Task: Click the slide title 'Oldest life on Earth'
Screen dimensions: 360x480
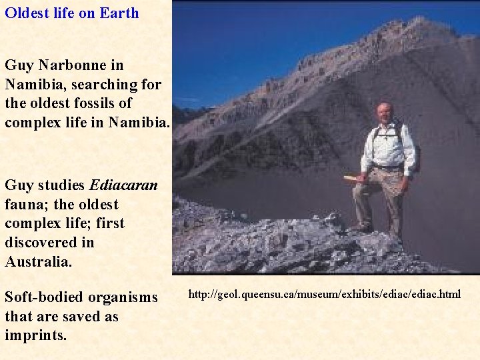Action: (x=72, y=13)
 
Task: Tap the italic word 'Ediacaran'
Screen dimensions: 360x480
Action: (x=123, y=185)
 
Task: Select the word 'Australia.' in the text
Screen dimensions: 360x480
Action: (x=38, y=261)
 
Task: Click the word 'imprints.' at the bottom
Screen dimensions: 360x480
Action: (x=35, y=335)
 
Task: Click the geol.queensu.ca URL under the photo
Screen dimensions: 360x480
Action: (x=324, y=294)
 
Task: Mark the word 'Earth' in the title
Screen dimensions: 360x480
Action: (x=119, y=13)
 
